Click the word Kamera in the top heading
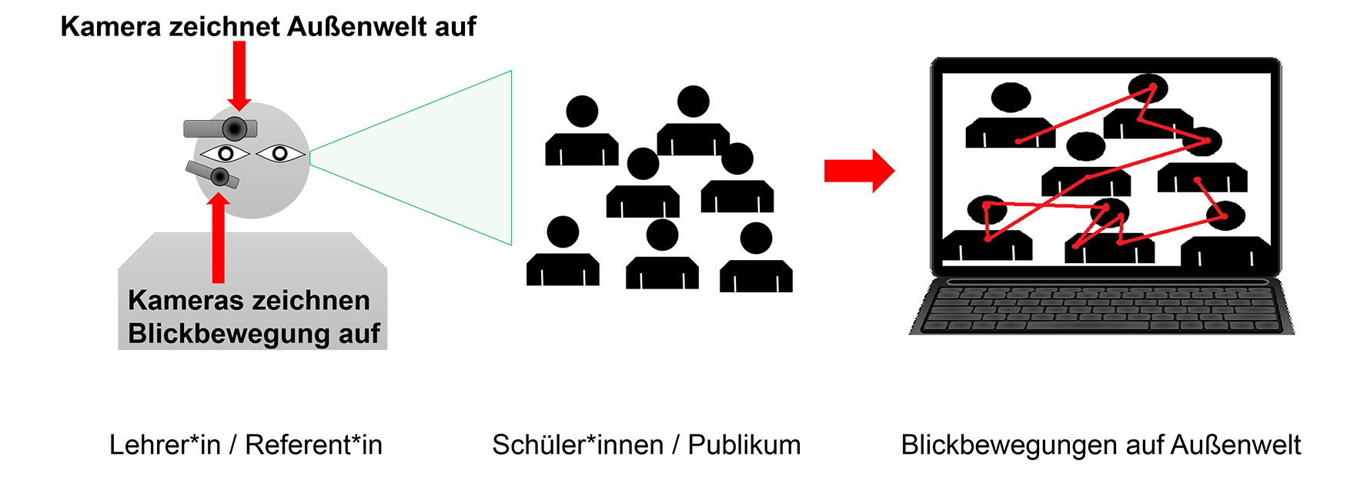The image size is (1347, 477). coord(112,27)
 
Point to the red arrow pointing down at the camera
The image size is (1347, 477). coord(239,75)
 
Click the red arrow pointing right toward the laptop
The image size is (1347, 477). coord(859,171)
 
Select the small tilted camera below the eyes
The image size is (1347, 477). coord(213,175)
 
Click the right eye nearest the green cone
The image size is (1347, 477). coord(280,154)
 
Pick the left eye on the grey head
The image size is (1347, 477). coord(226,154)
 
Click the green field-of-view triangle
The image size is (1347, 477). coord(431,157)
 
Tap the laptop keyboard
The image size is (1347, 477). coord(1101,307)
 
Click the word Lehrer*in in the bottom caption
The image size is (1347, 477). coord(165,445)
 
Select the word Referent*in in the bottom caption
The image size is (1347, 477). coord(313,445)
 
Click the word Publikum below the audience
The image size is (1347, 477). coord(744,445)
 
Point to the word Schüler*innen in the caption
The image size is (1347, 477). coord(577,445)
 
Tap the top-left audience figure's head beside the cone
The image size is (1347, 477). coord(582,112)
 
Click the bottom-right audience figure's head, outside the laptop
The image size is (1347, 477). coord(756,239)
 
